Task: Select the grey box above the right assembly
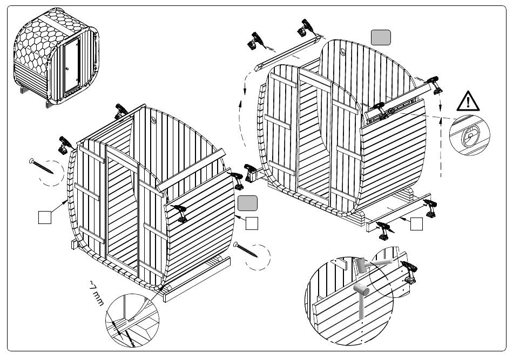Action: [x=381, y=37]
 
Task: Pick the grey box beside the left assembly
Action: [x=247, y=203]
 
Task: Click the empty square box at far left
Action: [x=45, y=218]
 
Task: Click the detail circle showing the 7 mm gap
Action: [x=133, y=322]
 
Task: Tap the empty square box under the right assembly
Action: [x=416, y=224]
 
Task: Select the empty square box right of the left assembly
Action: [x=252, y=222]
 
